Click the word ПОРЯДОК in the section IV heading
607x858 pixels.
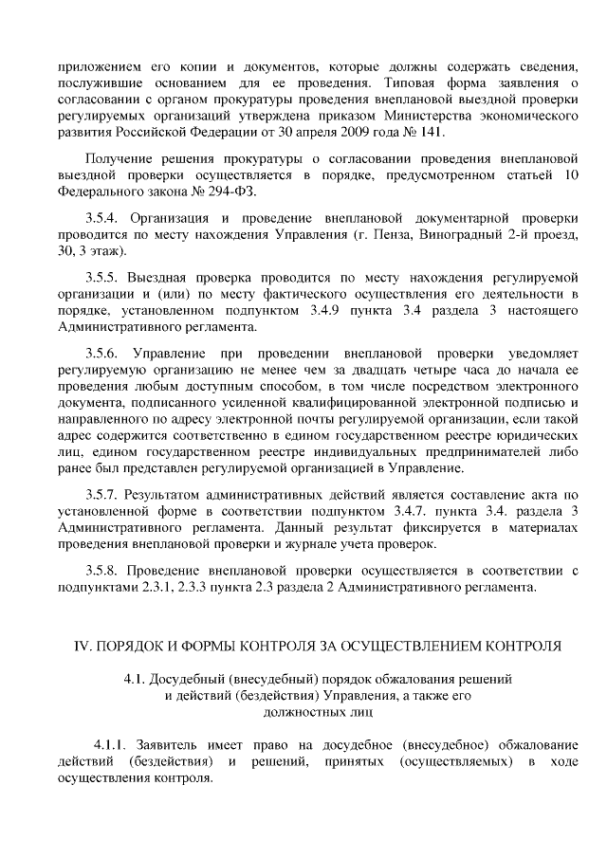[135, 647]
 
